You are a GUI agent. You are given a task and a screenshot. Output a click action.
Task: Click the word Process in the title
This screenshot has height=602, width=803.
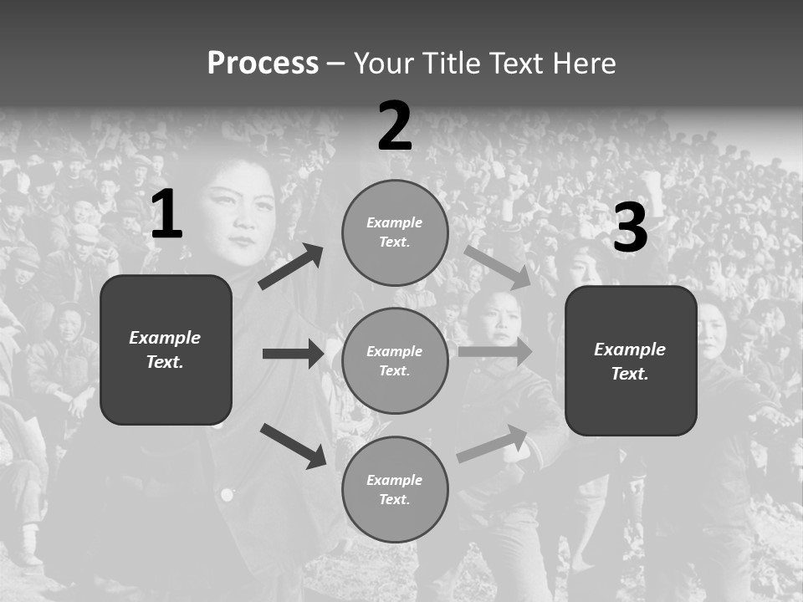tap(263, 64)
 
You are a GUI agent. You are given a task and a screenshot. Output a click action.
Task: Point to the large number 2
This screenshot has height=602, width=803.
tap(395, 126)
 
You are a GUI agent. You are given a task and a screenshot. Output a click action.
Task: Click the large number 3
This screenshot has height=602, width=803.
tap(630, 228)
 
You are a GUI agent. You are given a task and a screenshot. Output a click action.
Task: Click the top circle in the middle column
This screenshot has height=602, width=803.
tap(395, 232)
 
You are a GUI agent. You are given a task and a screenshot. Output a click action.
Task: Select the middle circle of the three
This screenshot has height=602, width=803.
tap(395, 360)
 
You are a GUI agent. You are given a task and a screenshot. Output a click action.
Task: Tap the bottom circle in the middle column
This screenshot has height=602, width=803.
tap(395, 489)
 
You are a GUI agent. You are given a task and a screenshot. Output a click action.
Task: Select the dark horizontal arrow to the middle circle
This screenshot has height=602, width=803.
tap(293, 354)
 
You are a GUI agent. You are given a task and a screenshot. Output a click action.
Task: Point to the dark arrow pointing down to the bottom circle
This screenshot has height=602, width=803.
tap(294, 445)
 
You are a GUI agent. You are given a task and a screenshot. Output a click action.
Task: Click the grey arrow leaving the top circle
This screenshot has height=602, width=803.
tap(498, 267)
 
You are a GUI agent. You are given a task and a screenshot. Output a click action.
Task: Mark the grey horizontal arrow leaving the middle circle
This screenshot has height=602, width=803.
tap(494, 351)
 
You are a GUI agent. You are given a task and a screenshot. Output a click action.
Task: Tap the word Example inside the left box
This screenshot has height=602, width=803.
tap(165, 338)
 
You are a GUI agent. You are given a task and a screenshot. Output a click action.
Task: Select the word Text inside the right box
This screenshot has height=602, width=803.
tap(629, 374)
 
